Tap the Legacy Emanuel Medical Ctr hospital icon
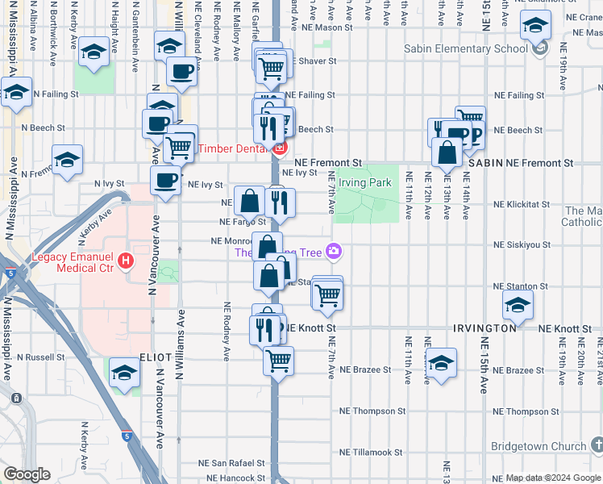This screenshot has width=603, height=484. pos(125,261)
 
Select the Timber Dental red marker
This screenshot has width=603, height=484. pos(280,148)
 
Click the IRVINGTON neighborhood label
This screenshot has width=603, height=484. pos(484,329)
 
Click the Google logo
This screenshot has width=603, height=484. pos(27,474)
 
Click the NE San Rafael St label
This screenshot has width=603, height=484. pos(232,464)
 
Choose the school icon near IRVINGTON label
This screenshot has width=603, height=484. pos(518,306)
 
